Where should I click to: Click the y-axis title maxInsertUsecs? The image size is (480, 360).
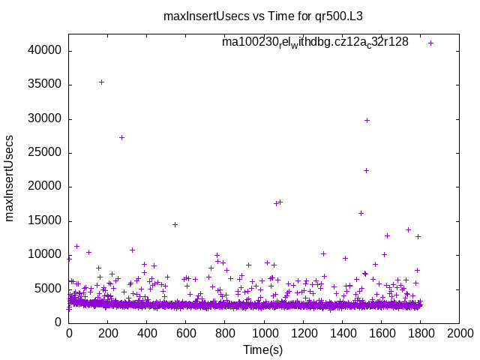(10, 178)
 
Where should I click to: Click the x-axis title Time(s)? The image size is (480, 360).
(262, 349)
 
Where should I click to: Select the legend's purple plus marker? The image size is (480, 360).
(430, 43)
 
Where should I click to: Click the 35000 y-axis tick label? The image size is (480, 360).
(46, 85)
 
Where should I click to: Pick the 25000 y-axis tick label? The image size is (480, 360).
(46, 153)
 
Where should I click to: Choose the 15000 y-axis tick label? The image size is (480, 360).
(46, 220)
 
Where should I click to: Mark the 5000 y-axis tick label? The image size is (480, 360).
(49, 289)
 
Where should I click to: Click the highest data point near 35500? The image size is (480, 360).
(101, 82)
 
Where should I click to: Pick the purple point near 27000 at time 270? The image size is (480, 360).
(121, 137)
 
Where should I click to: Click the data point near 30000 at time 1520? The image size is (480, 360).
(367, 120)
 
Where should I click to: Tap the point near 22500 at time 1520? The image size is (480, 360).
(366, 170)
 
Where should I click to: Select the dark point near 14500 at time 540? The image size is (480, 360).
(175, 224)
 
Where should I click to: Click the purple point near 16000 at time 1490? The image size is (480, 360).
(361, 213)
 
